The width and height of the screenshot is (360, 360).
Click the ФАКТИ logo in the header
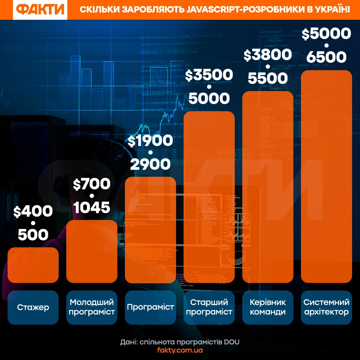click(x=40, y=10)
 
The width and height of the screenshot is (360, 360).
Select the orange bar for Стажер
click(x=33, y=265)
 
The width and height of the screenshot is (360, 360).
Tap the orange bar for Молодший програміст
click(x=92, y=251)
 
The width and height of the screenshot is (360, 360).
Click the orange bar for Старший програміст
click(x=209, y=197)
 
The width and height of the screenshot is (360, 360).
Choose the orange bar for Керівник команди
click(x=268, y=187)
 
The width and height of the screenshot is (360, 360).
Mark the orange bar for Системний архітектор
click(x=327, y=176)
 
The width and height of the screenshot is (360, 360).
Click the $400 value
click(x=33, y=212)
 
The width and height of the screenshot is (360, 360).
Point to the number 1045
click(x=91, y=207)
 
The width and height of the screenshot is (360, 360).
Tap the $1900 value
click(x=150, y=141)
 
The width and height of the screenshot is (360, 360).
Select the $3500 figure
click(x=209, y=75)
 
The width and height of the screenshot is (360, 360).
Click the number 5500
click(x=268, y=78)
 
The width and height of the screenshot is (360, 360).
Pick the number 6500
click(x=327, y=57)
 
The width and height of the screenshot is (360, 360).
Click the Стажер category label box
click(x=33, y=307)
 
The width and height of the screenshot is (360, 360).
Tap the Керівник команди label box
click(x=268, y=307)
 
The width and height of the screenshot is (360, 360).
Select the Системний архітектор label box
click(x=327, y=307)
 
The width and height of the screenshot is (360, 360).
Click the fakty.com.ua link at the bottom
click(x=180, y=350)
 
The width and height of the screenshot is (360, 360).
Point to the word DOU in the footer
click(x=232, y=342)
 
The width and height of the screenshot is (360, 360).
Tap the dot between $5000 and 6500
click(x=327, y=45)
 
